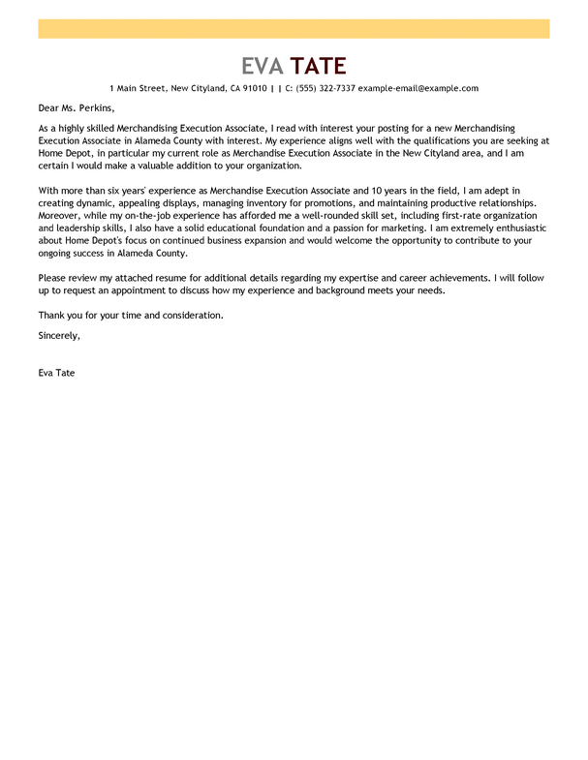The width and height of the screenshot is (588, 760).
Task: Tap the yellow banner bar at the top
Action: pyautogui.click(x=294, y=28)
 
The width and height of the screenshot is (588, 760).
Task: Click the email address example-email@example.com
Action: pyautogui.click(x=418, y=88)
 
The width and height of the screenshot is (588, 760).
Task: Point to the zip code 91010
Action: pyautogui.click(x=255, y=88)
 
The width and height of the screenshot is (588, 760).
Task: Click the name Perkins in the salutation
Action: pyautogui.click(x=95, y=107)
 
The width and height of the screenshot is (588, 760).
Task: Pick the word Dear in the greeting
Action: pyautogui.click(x=48, y=107)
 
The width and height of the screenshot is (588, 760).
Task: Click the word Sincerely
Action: pyautogui.click(x=59, y=335)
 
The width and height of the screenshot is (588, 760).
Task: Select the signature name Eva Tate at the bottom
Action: pyautogui.click(x=56, y=373)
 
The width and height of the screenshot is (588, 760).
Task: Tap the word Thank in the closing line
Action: pyautogui.click(x=51, y=316)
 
